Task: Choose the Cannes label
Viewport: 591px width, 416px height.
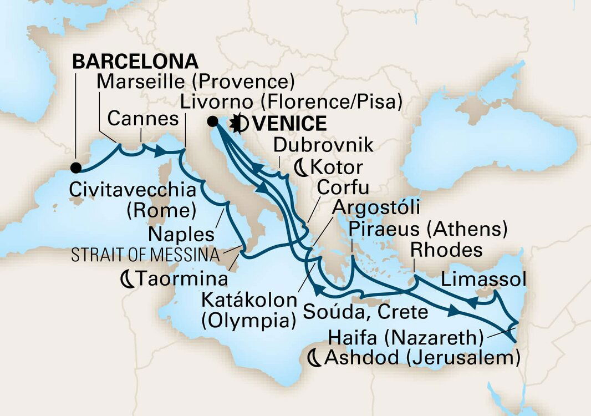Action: coord(143,118)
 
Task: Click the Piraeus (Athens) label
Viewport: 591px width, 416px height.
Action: coord(429,229)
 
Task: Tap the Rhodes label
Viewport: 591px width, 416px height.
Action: coord(446,250)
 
